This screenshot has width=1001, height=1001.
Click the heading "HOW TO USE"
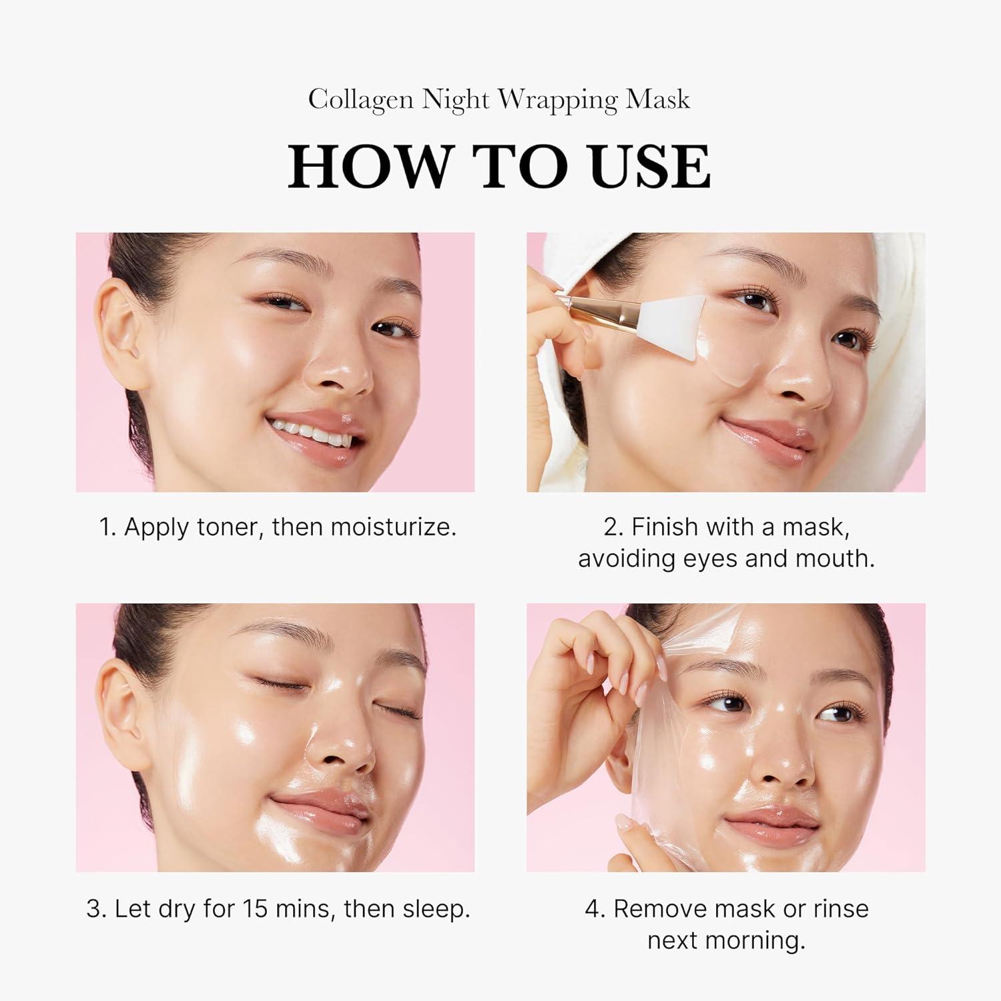pyautogui.click(x=499, y=167)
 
